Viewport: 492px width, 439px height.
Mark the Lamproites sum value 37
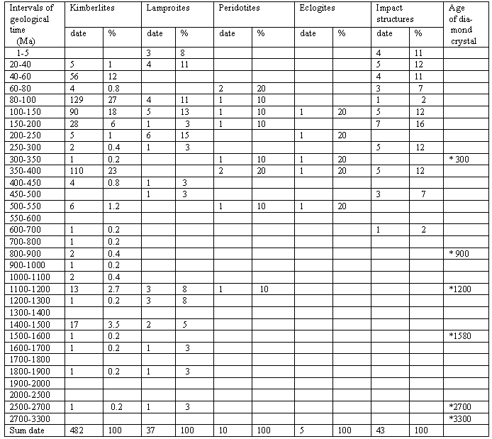click(151, 430)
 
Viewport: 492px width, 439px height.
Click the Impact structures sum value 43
click(384, 430)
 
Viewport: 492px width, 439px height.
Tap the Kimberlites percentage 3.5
click(113, 324)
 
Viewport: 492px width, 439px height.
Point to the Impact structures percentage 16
click(420, 123)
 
